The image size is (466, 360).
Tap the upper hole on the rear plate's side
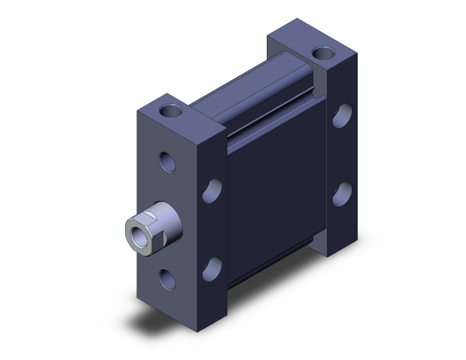342,116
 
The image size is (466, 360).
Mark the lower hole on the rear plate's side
342,195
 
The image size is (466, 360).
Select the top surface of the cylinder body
251,88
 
